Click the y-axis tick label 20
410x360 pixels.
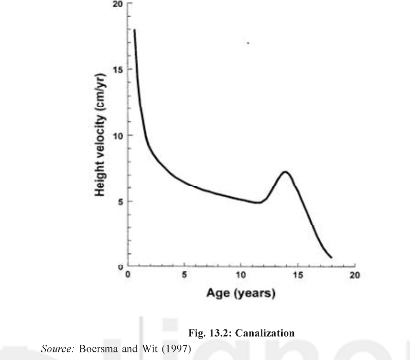[118, 4]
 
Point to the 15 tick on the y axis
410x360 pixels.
[118, 70]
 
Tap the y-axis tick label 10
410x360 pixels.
[118, 136]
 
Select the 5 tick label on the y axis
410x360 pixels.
[121, 201]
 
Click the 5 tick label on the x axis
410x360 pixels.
[185, 275]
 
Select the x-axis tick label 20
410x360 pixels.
[355, 275]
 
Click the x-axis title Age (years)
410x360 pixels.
[241, 294]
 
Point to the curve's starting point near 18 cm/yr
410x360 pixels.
[134, 30]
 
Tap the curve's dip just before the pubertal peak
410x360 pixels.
[260, 202]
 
